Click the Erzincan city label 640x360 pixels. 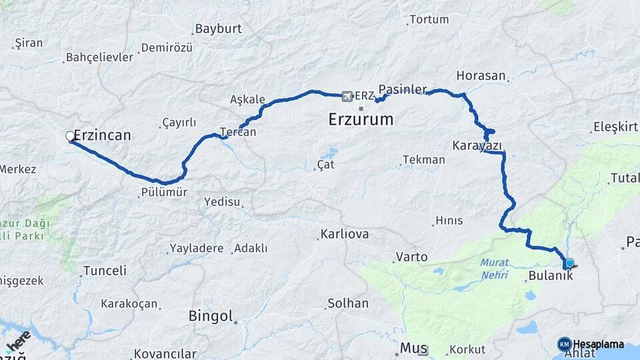pos(102,135)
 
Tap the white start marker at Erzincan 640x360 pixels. pos(70,137)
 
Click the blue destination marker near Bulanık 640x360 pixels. pos(569,263)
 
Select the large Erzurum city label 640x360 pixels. pos(361,120)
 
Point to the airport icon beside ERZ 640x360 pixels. pos(347,97)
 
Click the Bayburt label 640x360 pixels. pos(217,29)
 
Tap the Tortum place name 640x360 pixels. pos(429,19)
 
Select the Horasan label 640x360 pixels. pos(481,75)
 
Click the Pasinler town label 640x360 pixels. pos(402,89)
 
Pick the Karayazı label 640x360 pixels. pos(477,145)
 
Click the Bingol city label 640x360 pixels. pos(211,315)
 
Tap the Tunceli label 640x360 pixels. pos(104,271)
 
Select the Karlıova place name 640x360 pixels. pos(345,235)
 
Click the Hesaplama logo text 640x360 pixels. pos(599,345)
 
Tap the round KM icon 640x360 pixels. pos(564,344)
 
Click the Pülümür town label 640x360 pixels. pos(164,193)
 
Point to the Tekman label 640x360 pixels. pos(424,160)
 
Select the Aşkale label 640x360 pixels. pos(247,99)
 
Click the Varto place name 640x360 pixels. pos(411,257)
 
